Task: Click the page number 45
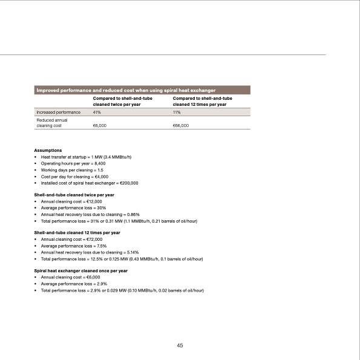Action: (180, 345)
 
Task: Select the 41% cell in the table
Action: (96, 113)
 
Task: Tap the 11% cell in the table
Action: (177, 113)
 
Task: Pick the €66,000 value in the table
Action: (181, 126)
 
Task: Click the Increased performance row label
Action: (59, 113)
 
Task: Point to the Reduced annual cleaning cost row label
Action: (51, 123)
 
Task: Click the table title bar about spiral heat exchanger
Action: (127, 90)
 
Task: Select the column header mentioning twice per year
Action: (122, 101)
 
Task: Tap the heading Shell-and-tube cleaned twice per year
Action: (74, 195)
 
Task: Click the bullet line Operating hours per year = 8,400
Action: (73, 163)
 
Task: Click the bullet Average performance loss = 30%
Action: (73, 208)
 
